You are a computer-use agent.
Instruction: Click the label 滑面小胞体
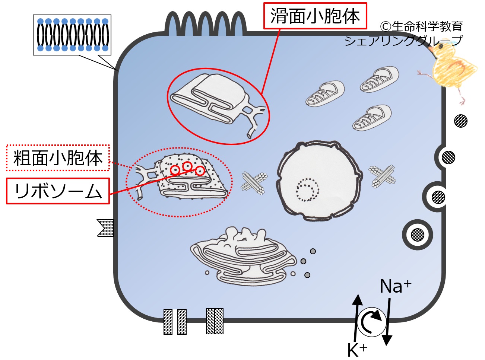[315, 16]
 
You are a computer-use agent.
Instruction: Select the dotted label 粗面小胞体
[58, 158]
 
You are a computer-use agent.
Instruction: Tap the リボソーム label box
[58, 191]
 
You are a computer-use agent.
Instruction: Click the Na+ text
[395, 286]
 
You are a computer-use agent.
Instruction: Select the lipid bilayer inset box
[72, 35]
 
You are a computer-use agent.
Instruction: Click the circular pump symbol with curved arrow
[372, 321]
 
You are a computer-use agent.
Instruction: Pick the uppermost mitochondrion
[379, 79]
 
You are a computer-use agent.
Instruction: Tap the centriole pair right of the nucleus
[382, 176]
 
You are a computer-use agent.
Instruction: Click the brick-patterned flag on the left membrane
[106, 227]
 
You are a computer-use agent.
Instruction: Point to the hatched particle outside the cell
[461, 121]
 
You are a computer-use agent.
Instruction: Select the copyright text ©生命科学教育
[421, 26]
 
